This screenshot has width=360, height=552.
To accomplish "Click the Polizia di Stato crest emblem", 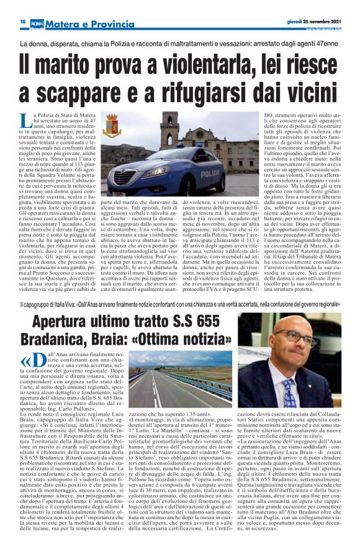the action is click(112, 126).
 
